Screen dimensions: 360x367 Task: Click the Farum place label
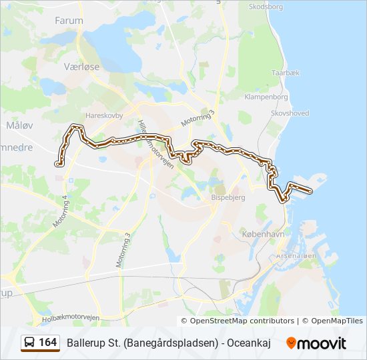69,21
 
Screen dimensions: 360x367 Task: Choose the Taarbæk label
285,72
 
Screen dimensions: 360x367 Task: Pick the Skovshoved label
290,113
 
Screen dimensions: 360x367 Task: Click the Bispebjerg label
228,199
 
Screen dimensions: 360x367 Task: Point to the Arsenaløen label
295,256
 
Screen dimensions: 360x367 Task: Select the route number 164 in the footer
48,343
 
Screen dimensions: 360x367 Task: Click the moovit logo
316,343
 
